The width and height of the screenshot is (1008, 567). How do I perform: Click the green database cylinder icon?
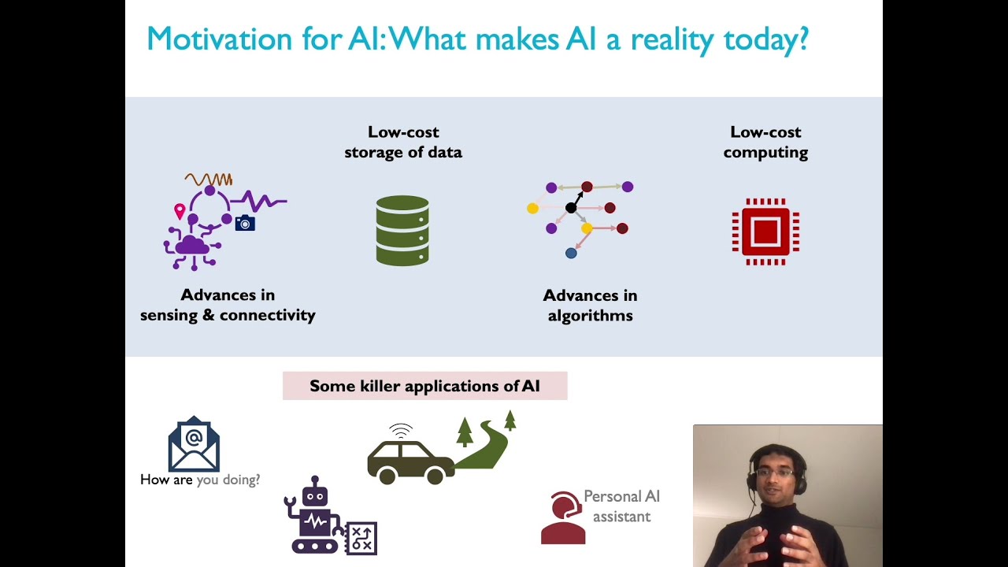point(402,230)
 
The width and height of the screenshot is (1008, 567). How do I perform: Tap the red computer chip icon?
point(765,232)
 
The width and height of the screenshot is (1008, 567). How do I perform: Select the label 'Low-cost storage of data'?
point(402,142)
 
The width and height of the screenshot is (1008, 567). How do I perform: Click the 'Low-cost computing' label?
point(765,142)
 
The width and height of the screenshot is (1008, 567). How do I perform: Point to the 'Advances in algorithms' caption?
point(590,305)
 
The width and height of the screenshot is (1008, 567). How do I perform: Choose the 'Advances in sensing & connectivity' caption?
point(228,305)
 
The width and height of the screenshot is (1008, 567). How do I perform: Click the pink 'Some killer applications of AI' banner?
point(424,386)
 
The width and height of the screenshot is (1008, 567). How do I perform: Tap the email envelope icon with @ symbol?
point(194,444)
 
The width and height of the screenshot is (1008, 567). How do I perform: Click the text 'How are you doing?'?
point(200,480)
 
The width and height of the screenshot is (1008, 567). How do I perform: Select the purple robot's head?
point(315,494)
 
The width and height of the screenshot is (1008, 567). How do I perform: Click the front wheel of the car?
point(387,475)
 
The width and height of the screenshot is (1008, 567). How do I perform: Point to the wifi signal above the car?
point(401,431)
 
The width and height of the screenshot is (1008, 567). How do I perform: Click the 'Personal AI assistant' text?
point(621,506)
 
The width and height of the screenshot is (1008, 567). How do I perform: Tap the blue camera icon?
point(245,224)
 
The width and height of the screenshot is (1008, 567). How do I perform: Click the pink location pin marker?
point(180,211)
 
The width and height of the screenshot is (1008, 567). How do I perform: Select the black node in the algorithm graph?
point(571,208)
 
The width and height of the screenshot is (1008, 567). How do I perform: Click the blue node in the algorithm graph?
point(571,253)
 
